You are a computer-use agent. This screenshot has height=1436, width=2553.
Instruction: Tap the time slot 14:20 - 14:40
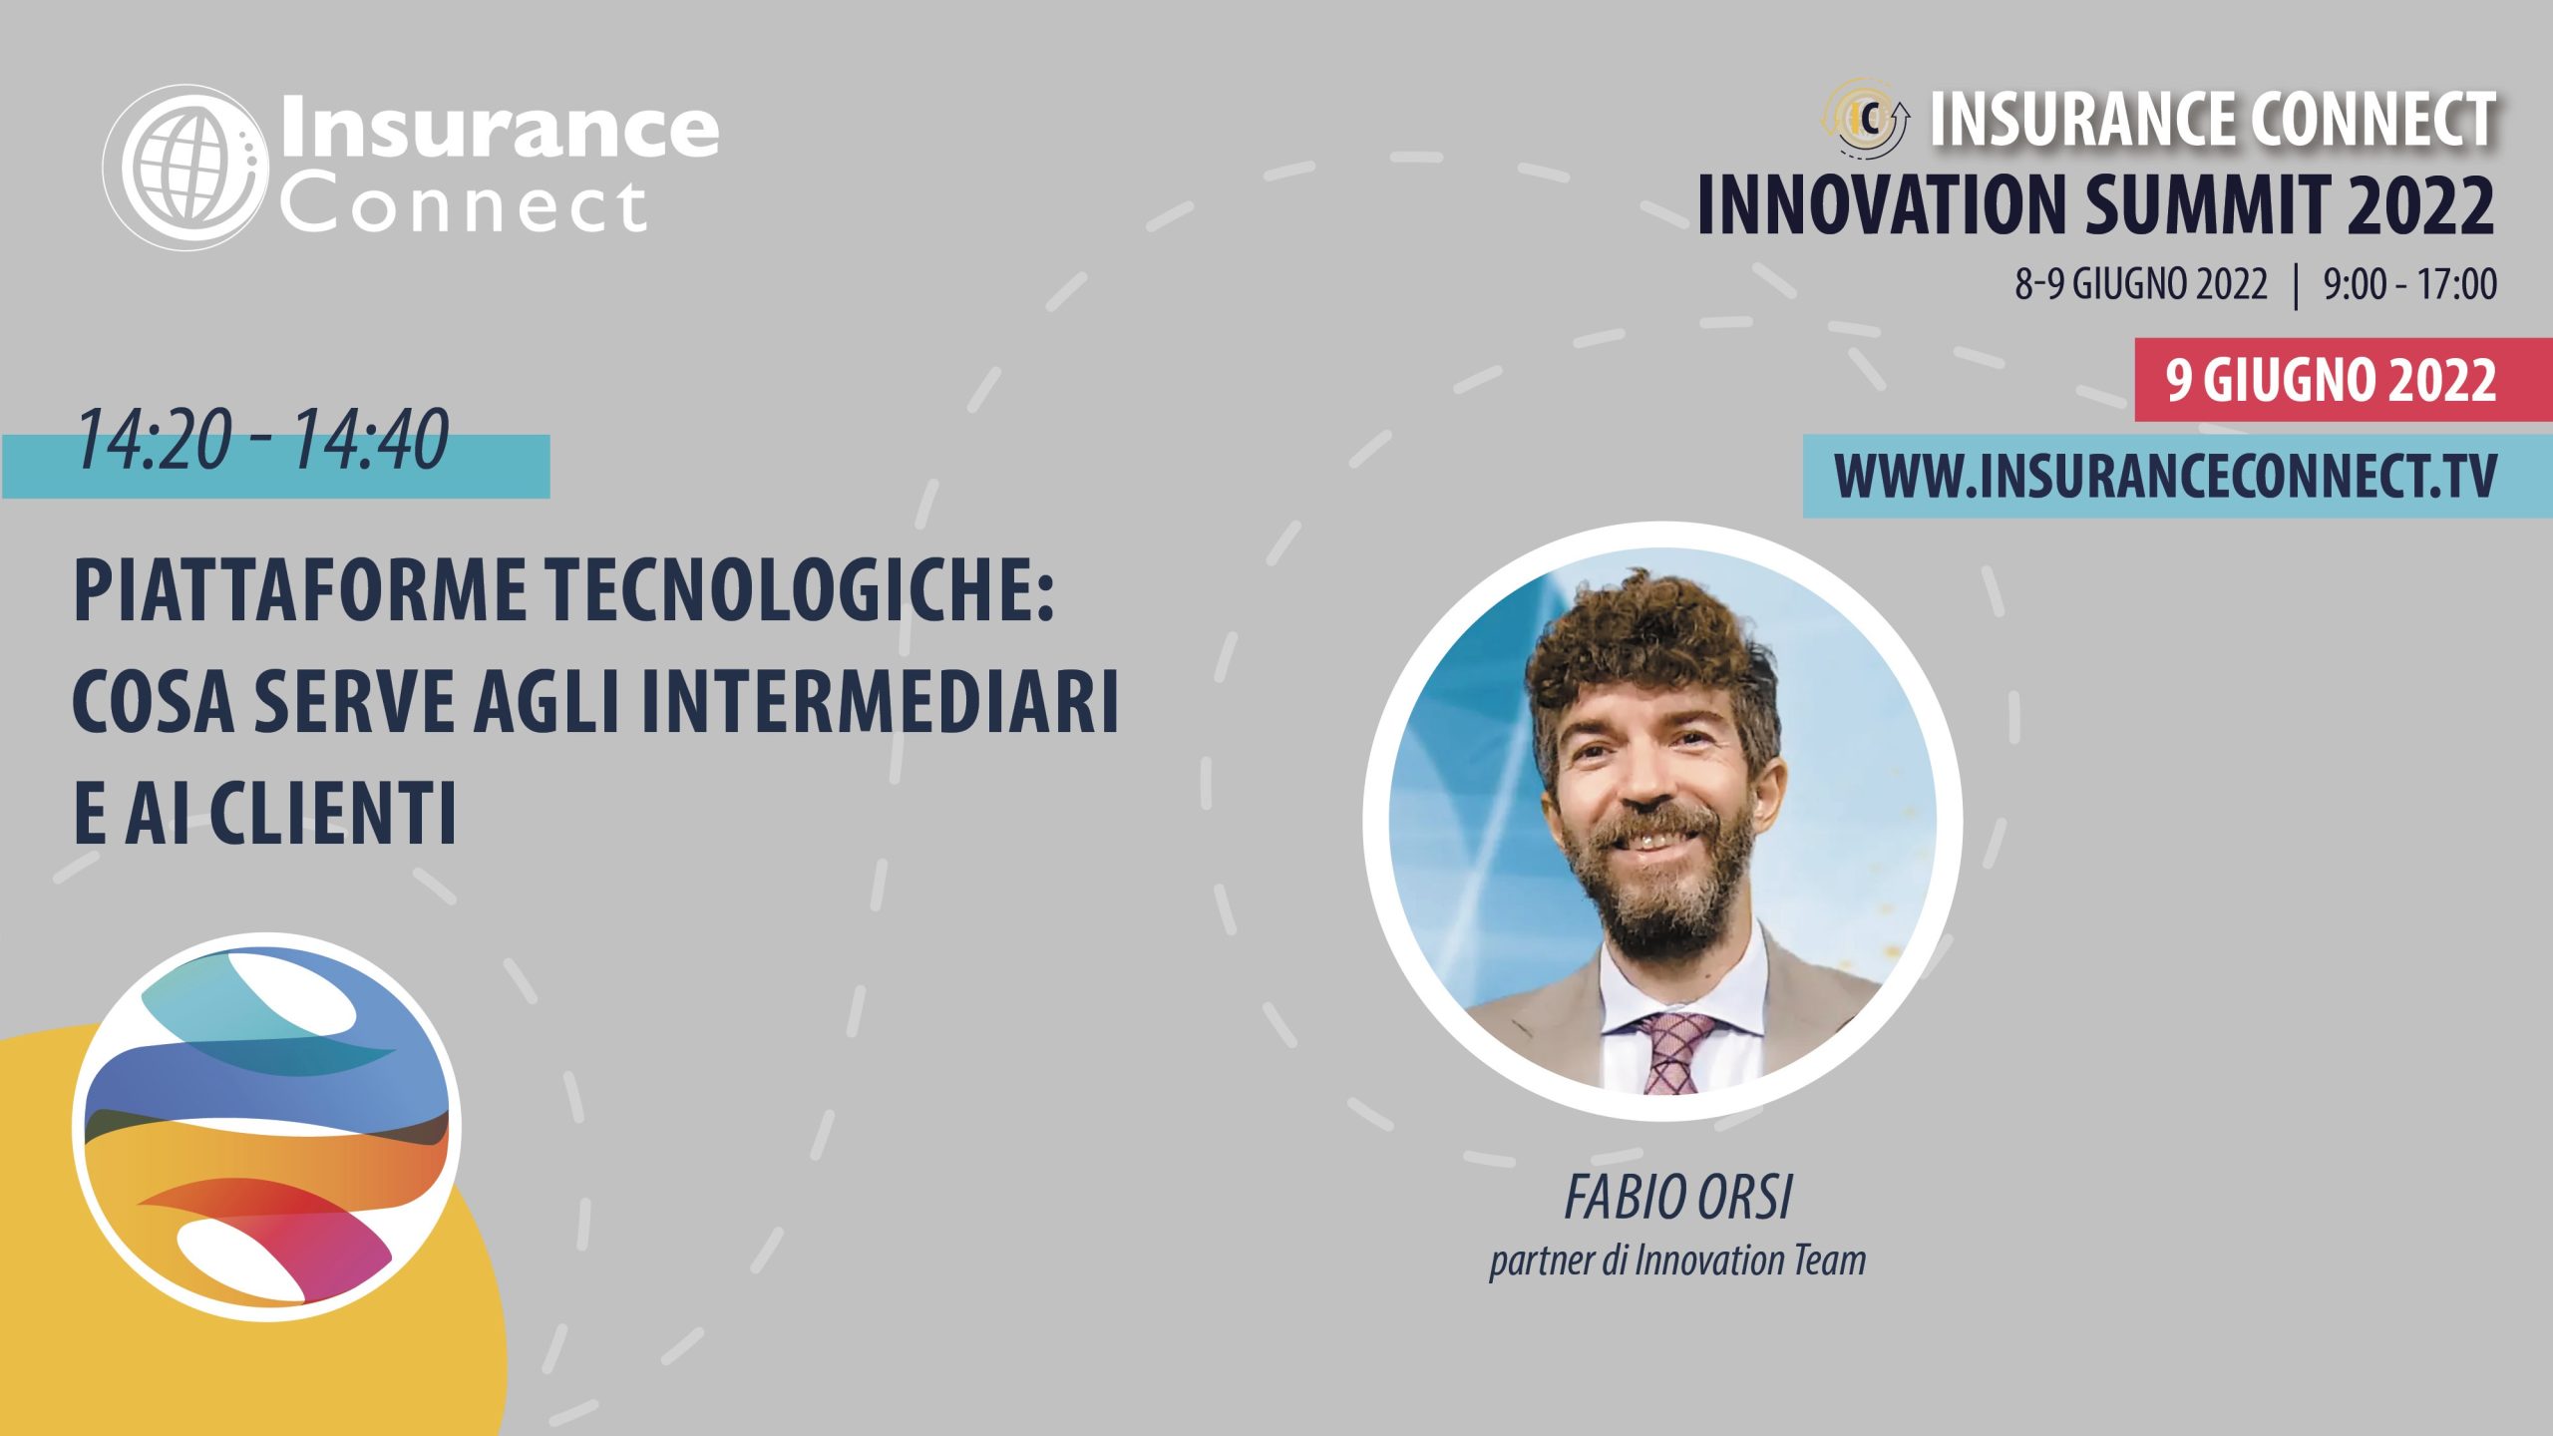click(262, 439)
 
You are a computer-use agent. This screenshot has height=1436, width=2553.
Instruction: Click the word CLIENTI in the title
click(333, 812)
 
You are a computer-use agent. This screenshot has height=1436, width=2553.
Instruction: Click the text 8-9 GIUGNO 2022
click(2141, 285)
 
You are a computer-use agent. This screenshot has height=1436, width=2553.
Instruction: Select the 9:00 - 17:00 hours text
click(2410, 285)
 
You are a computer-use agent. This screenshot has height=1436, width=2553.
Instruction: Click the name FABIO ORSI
click(1678, 1198)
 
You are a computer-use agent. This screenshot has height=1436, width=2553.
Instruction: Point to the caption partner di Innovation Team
click(1677, 1261)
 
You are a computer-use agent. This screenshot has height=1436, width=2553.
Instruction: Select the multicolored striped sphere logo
click(267, 1127)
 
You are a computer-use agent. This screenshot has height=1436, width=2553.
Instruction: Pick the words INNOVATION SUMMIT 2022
click(2096, 205)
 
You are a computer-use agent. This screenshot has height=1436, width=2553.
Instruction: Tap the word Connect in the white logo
click(464, 206)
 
